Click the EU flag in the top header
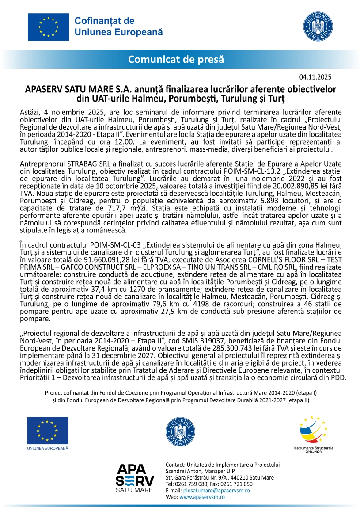point(48,27)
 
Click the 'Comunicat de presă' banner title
point(176,59)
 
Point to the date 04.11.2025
point(315,76)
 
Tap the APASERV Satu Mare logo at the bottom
point(135,478)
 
